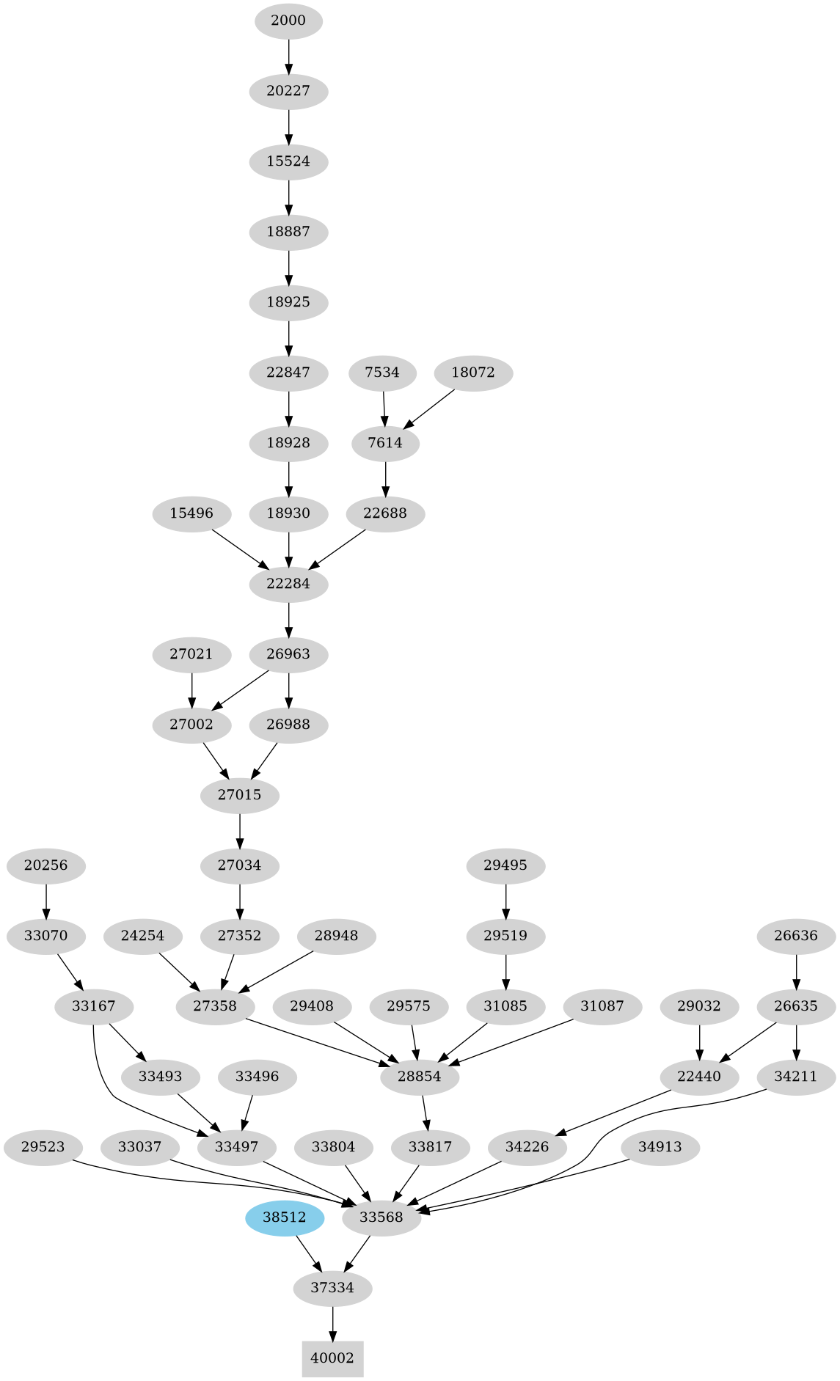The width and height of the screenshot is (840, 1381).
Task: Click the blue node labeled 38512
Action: point(285,1217)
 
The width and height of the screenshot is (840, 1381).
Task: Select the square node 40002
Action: point(332,1358)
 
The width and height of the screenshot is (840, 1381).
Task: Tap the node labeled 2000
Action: point(288,21)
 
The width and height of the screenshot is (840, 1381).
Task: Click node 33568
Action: point(381,1217)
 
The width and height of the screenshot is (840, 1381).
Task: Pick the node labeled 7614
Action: point(385,443)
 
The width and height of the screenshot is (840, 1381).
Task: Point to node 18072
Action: point(473,373)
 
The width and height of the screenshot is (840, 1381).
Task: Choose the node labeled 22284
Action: point(288,584)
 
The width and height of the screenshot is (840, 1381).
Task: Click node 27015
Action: point(240,795)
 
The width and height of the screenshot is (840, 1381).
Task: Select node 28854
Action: point(420,1077)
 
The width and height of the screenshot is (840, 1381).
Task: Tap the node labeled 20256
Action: point(45,865)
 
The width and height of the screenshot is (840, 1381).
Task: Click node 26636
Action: point(796,936)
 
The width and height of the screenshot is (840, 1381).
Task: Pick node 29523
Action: point(43,1147)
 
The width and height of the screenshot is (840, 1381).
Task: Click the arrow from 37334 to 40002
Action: point(332,1323)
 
